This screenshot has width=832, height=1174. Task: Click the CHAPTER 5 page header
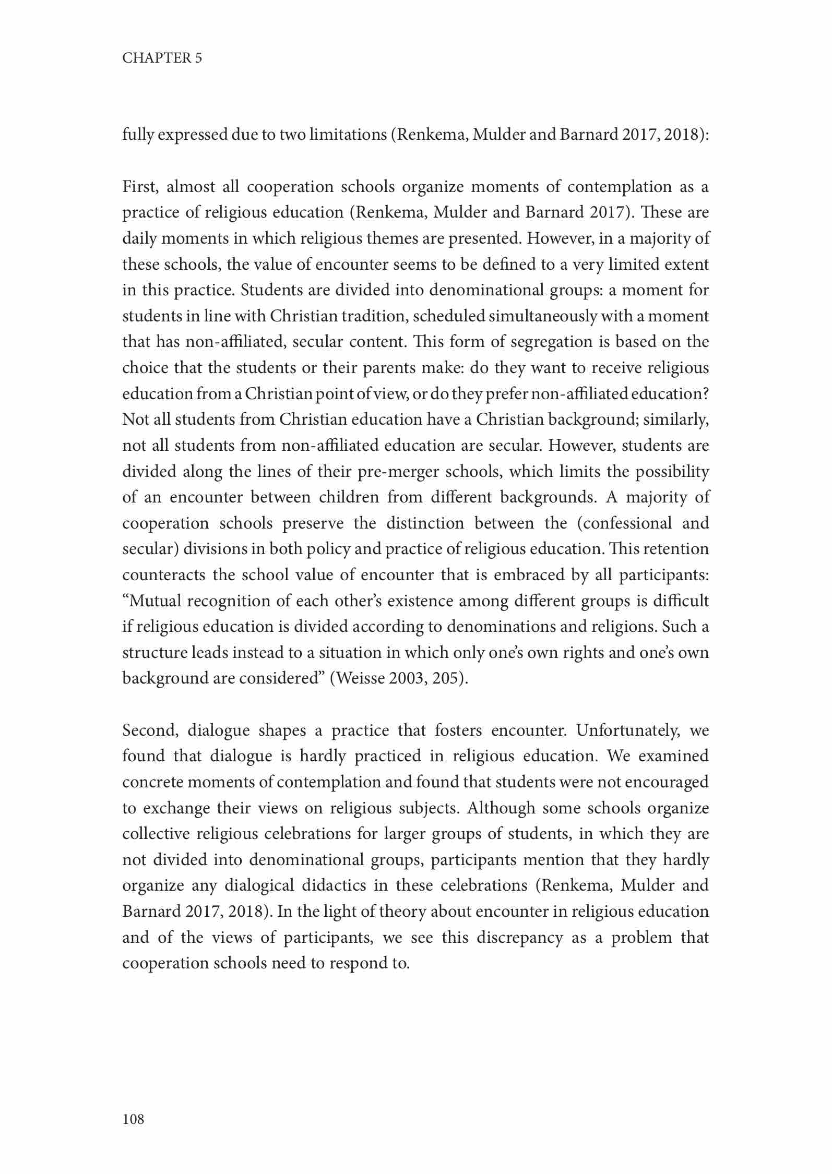click(x=162, y=58)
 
